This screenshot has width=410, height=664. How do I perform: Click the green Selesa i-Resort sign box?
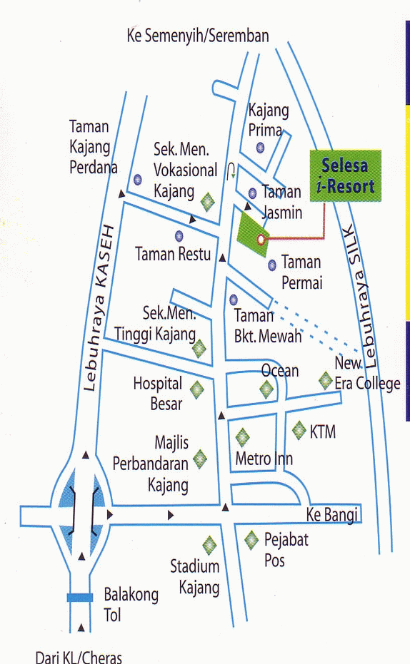[x=346, y=175]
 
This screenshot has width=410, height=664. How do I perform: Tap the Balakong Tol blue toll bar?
[x=80, y=598]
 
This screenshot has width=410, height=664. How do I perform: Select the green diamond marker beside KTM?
[x=299, y=430]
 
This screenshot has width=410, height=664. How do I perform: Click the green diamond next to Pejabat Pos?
[x=251, y=541]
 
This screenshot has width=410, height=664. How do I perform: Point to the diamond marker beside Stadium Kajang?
[x=209, y=546]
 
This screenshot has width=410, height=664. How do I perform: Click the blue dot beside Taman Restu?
[x=179, y=235]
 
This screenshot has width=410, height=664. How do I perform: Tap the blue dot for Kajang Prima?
[x=260, y=148]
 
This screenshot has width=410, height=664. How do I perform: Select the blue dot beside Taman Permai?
[x=271, y=265]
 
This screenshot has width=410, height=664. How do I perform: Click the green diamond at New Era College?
[x=326, y=380]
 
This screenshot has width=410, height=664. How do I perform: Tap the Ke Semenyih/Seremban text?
[x=198, y=36]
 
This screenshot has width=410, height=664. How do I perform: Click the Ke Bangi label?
[x=331, y=515]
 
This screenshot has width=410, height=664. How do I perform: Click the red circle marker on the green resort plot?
[x=261, y=239]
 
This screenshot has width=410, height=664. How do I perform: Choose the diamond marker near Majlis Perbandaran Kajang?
[x=200, y=459]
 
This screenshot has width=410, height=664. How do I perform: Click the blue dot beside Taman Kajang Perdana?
[x=137, y=179]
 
